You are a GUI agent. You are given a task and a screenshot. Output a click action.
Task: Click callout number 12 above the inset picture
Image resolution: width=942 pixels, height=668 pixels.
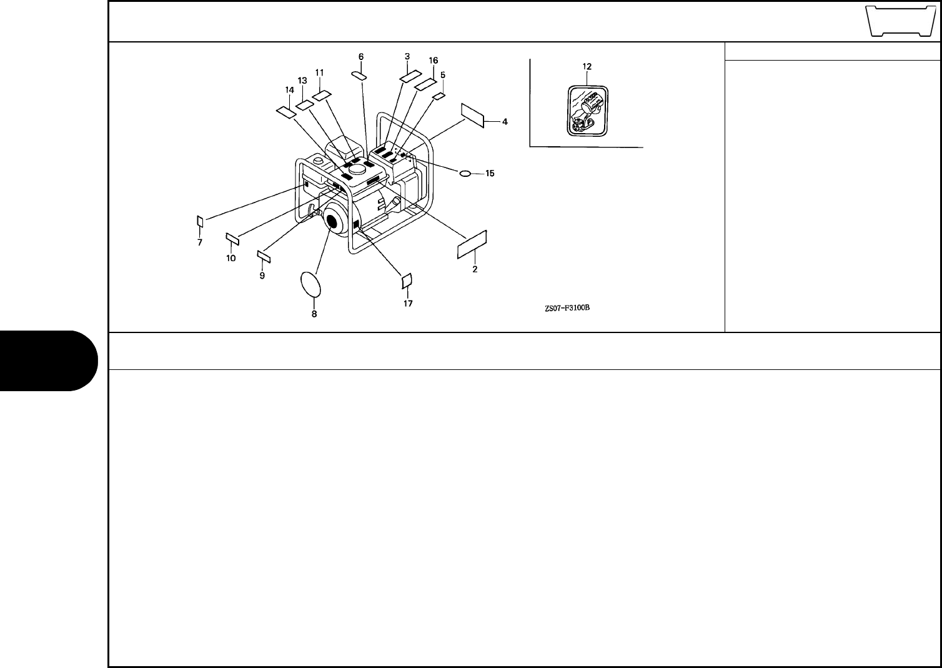point(587,66)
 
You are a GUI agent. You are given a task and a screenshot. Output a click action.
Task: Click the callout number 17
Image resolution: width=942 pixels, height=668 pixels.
point(407,304)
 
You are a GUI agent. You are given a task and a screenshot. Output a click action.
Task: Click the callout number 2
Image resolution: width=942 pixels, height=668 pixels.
point(475,269)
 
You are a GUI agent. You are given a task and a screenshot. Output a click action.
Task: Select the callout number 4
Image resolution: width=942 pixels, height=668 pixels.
point(505,122)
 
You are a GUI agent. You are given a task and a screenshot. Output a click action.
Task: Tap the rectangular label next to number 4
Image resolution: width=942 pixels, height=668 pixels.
point(473,115)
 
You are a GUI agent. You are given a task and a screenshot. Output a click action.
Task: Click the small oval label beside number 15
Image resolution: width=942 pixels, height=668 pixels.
point(465,172)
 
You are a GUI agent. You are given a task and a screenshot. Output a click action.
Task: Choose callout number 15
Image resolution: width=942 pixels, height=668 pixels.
point(490,173)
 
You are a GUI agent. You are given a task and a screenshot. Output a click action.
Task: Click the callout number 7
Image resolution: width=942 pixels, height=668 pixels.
point(200,242)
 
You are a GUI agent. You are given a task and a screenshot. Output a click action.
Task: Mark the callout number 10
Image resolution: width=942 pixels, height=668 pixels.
point(231,258)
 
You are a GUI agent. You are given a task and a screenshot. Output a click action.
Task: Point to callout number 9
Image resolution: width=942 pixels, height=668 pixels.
point(262,275)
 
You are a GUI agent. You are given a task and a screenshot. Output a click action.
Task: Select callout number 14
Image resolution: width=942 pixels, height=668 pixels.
point(289,90)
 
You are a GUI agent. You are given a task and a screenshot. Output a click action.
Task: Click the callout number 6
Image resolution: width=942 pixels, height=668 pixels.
point(361,56)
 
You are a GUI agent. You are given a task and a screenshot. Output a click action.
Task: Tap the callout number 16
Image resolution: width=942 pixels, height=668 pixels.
point(434,60)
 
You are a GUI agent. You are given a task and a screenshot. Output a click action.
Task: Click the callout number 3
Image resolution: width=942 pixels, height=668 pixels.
point(407,56)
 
